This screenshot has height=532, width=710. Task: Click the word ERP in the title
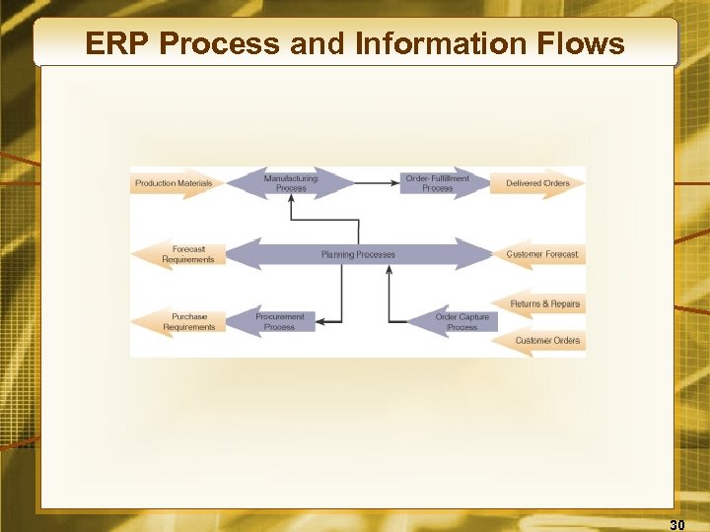click(116, 43)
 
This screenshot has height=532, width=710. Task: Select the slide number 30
click(677, 524)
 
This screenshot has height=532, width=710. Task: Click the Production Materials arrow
click(174, 183)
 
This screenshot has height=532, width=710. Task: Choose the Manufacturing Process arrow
click(291, 183)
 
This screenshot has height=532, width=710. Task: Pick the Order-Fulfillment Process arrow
click(437, 183)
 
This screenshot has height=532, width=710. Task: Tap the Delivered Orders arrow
click(537, 183)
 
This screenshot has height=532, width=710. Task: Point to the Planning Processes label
click(358, 254)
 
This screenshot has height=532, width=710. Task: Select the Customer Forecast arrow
click(541, 254)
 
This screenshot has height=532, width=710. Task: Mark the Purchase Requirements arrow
click(187, 321)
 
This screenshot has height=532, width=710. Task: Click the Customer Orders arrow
click(546, 341)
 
